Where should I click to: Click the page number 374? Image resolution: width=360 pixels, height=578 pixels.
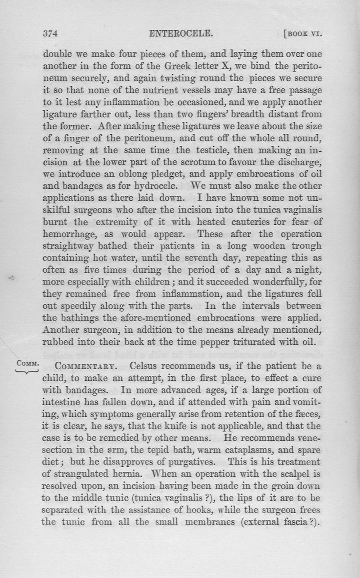point(51,33)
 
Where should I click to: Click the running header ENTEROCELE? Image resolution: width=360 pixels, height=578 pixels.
point(180,33)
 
